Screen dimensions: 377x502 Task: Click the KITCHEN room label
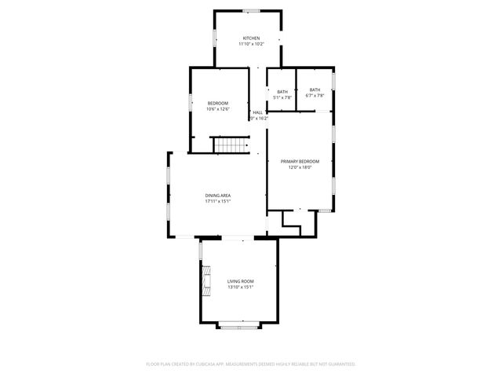251,38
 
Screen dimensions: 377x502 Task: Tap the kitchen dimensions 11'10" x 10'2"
251,44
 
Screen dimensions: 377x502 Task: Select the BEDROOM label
217,104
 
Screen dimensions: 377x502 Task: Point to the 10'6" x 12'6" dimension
217,109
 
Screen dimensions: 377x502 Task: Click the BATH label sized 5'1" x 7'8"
282,92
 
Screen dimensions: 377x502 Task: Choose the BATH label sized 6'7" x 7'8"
315,90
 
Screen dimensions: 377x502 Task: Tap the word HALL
257,113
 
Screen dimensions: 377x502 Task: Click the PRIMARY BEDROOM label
300,161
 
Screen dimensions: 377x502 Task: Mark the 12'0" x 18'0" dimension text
300,167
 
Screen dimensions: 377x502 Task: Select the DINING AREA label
218,196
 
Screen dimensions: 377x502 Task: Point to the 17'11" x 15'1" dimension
218,201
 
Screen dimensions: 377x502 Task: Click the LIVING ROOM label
241,281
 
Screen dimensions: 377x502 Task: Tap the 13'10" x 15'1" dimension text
241,287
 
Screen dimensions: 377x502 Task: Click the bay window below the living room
238,325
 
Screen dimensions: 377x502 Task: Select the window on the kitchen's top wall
250,10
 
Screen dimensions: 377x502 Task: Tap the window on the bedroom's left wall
189,102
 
